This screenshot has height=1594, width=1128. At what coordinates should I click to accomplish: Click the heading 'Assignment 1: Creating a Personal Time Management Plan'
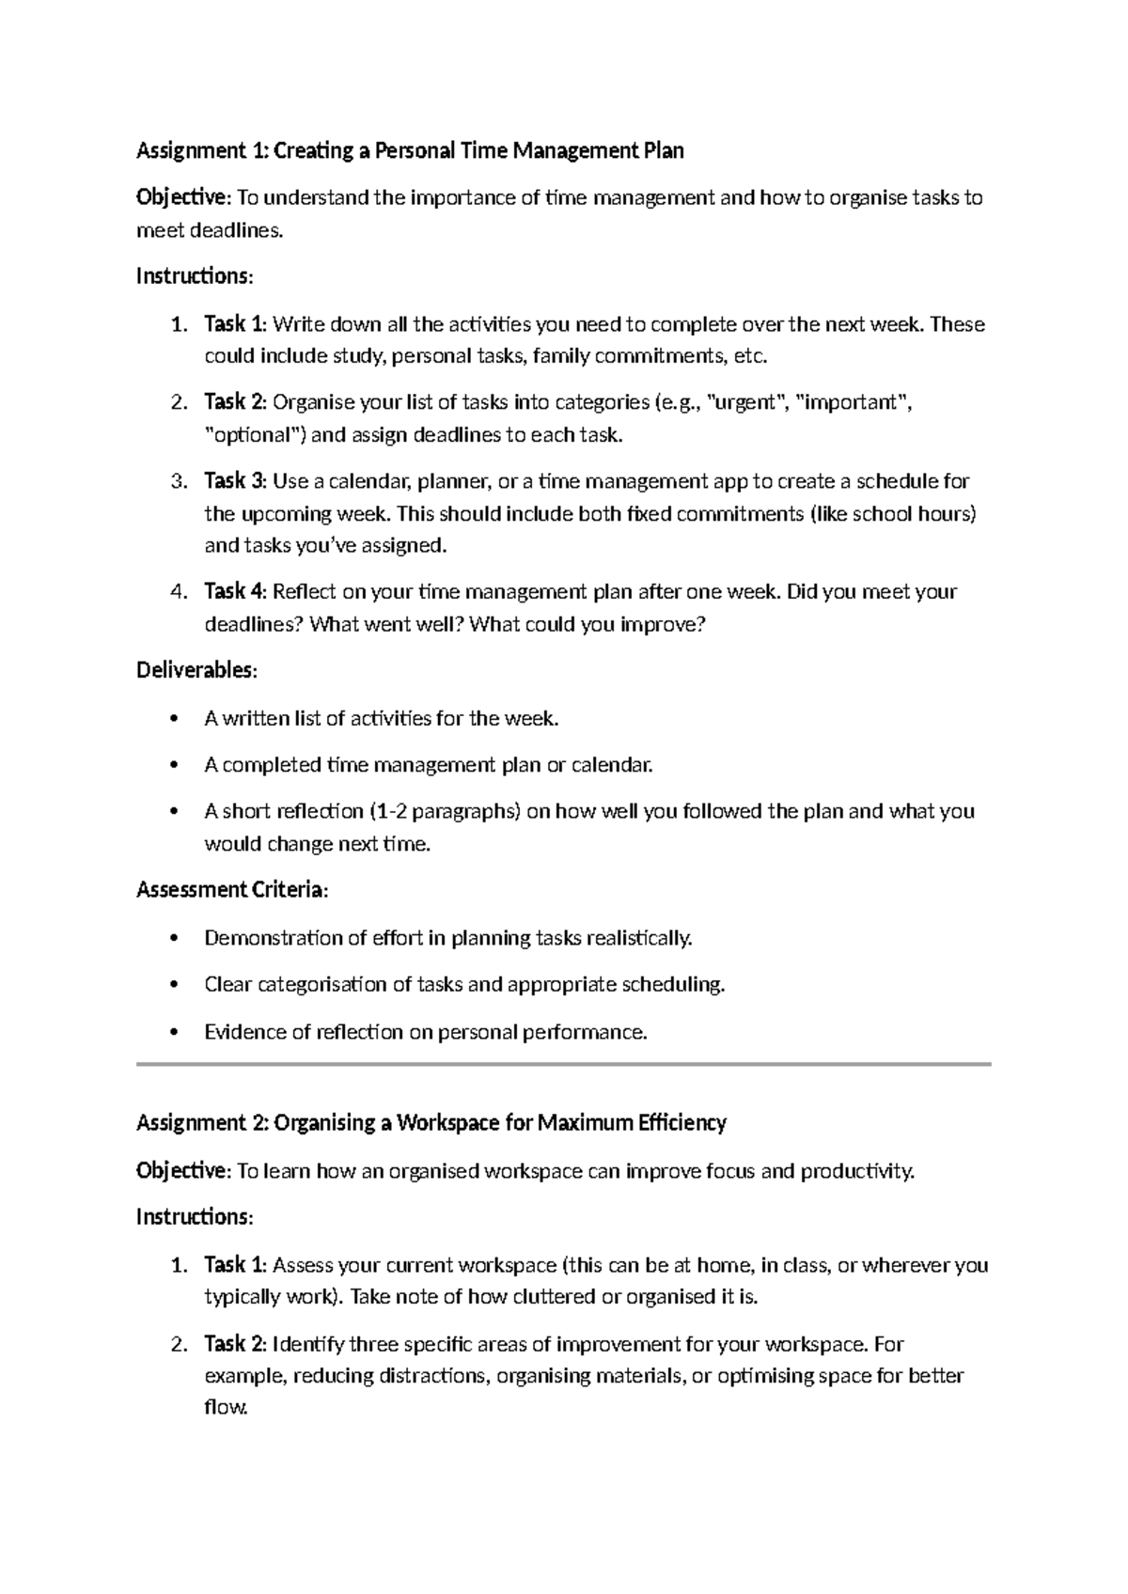(x=410, y=150)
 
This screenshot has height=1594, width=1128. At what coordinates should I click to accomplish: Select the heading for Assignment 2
(x=431, y=1122)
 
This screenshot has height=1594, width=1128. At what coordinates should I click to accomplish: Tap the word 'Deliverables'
(x=195, y=671)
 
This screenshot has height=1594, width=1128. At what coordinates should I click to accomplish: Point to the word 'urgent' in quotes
(x=746, y=403)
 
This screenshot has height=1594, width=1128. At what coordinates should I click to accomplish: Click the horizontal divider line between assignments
(x=564, y=1064)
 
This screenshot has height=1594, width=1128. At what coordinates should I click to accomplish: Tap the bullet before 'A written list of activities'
(x=172, y=720)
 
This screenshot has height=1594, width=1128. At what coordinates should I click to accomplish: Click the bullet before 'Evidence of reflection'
(x=172, y=1033)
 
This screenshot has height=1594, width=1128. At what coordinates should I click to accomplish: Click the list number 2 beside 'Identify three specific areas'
(x=178, y=1344)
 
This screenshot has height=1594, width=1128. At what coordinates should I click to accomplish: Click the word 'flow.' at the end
(x=226, y=1408)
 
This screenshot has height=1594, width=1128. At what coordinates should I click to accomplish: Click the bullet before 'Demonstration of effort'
(x=172, y=939)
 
